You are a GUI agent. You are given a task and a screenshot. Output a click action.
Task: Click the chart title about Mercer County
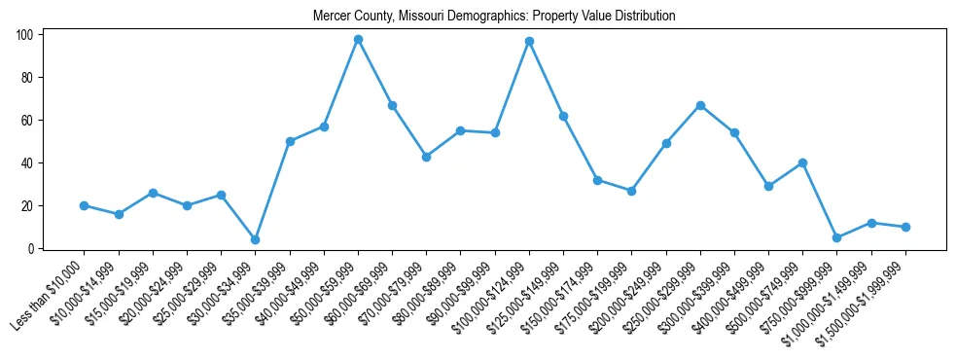tap(494, 16)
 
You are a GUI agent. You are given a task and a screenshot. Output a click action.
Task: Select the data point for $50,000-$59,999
tap(358, 39)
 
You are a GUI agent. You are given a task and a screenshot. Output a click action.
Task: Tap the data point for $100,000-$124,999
tap(529, 41)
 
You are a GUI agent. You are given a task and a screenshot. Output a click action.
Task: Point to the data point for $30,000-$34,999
tap(255, 239)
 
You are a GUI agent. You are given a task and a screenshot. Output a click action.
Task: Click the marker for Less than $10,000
tap(84, 205)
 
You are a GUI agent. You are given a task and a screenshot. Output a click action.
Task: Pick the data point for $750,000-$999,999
tap(836, 237)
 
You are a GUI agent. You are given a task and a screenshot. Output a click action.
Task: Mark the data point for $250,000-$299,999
tap(700, 105)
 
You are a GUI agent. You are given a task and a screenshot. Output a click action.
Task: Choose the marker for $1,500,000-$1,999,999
tap(905, 227)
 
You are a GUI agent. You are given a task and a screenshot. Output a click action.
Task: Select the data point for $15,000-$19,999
tap(153, 193)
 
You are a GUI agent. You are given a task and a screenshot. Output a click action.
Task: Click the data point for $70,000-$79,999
tap(426, 157)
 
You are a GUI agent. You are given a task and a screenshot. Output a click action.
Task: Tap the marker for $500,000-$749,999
tap(802, 162)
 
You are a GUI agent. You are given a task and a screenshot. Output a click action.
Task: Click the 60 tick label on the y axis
tap(28, 121)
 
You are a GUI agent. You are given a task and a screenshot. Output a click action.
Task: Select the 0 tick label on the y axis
tap(31, 249)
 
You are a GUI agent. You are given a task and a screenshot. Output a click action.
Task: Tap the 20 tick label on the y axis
tap(28, 206)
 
